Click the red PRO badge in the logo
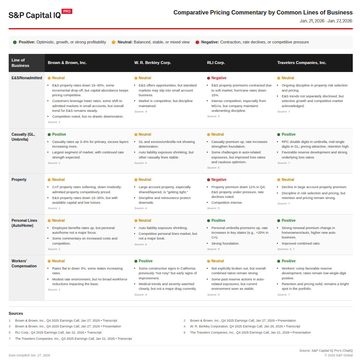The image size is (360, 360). [x=67, y=11]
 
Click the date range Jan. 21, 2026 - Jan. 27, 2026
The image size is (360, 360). [x=326, y=21]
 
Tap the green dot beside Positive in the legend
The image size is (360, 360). [x=15, y=42]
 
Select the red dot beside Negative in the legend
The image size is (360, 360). [x=197, y=42]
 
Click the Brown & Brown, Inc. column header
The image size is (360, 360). [x=67, y=63]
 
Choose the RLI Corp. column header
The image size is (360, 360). [x=216, y=63]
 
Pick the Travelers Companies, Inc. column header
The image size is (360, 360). [x=301, y=63]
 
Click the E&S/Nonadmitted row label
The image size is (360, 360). [x=27, y=78]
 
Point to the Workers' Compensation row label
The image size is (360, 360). [x=24, y=263]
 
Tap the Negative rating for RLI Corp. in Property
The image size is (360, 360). [x=219, y=179]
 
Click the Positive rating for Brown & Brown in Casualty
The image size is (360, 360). [x=59, y=134]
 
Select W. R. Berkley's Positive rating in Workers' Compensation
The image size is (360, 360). [x=145, y=261]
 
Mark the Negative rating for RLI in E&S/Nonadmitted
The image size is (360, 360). [x=219, y=78]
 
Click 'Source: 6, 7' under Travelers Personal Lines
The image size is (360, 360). [x=286, y=249]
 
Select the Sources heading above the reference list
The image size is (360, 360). [x=16, y=313]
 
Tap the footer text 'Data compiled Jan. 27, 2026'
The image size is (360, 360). [x=29, y=355]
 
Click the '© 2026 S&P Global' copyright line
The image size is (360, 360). [x=338, y=355]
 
